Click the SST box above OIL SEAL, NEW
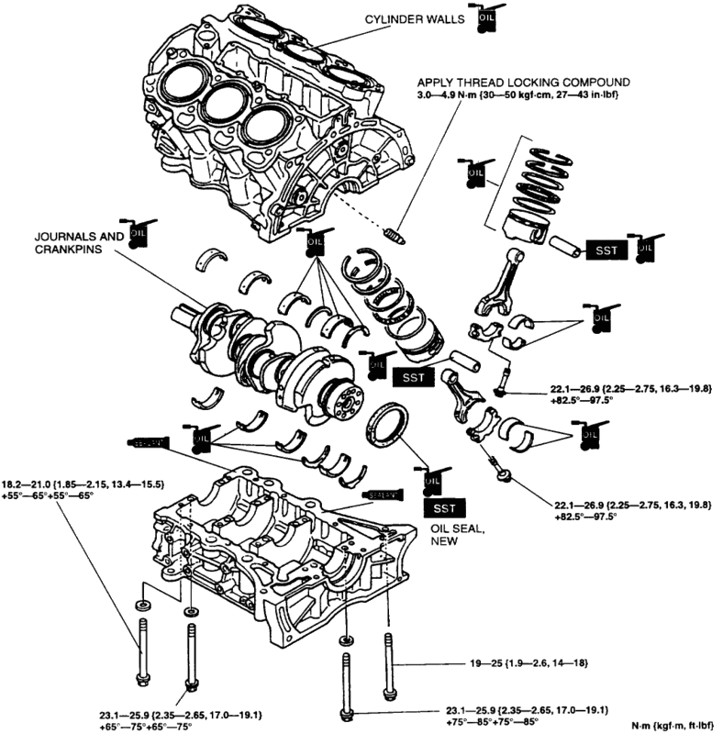[x=445, y=506]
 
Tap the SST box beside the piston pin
[x=605, y=250]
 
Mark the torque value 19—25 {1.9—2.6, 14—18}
[x=527, y=662]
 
